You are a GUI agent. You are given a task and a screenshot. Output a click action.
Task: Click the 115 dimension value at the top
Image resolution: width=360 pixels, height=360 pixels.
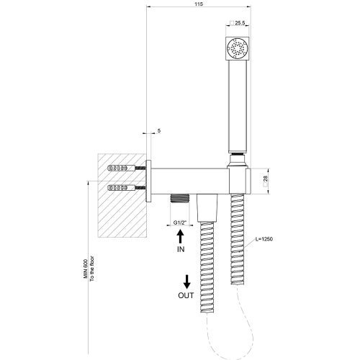(199, 5)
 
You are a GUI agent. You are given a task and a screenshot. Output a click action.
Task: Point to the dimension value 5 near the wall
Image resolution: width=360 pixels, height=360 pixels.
(157, 132)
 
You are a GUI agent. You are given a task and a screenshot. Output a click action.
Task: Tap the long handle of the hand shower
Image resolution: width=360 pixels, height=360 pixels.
(238, 108)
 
